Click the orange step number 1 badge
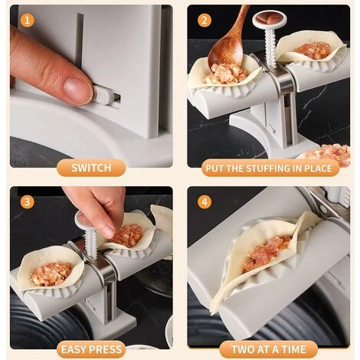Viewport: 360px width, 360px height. click(27, 20)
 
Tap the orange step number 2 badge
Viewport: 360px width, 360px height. click(205, 20)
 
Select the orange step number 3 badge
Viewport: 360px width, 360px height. click(27, 201)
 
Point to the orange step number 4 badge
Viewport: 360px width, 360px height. click(205, 201)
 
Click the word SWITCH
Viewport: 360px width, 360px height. click(91, 168)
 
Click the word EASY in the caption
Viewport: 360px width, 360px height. click(75, 349)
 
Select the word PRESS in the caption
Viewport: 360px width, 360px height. click(106, 349)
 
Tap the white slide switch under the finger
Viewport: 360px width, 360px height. click(103, 97)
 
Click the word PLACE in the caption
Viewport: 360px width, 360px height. click(318, 169)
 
